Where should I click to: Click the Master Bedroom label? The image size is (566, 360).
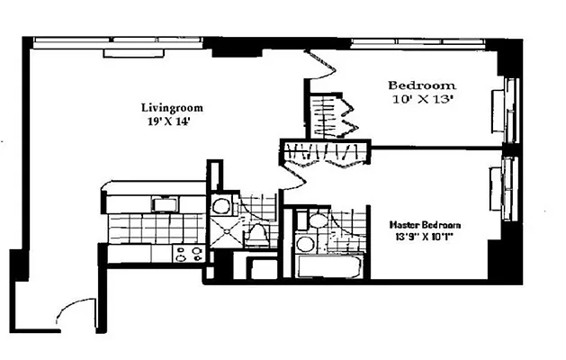click(425, 225)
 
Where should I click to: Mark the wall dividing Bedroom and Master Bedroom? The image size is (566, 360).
click(432, 147)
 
